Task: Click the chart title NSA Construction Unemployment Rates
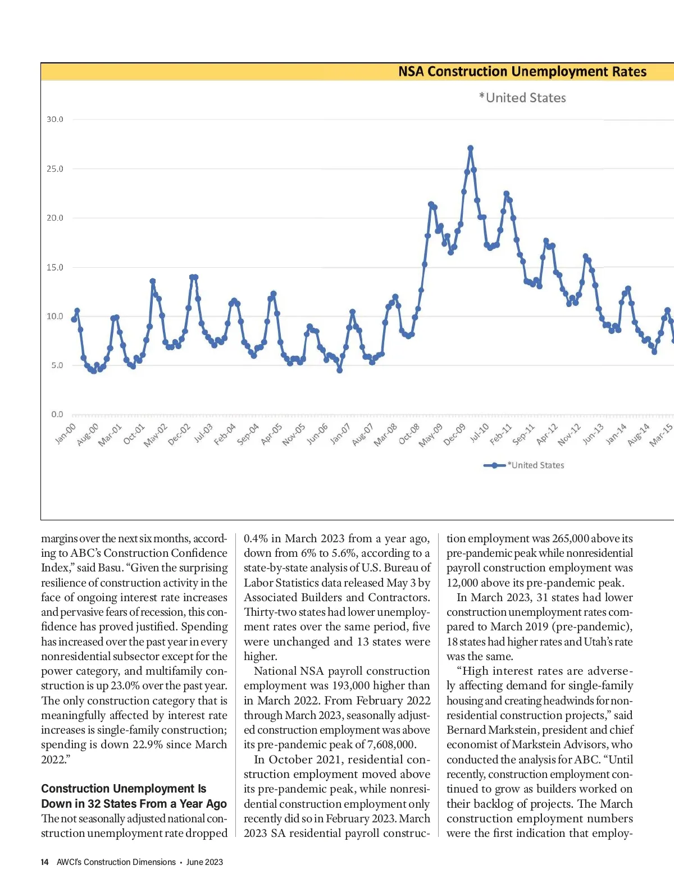click(x=522, y=72)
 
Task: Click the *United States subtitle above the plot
click(x=522, y=98)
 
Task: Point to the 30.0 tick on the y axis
click(x=55, y=120)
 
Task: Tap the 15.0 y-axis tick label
click(x=55, y=267)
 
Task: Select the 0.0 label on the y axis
click(x=57, y=414)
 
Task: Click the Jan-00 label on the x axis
click(x=66, y=434)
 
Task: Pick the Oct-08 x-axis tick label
click(x=409, y=434)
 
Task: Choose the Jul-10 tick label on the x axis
click(x=479, y=433)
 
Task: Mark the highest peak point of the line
click(x=470, y=148)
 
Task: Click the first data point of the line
click(x=74, y=319)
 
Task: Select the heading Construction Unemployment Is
click(x=124, y=789)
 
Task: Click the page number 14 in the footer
click(x=44, y=862)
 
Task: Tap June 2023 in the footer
click(x=204, y=862)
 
